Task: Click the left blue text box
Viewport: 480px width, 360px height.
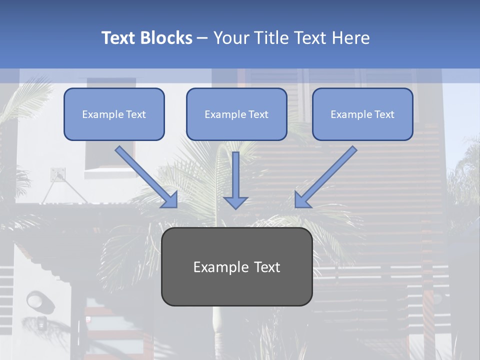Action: pos(114,114)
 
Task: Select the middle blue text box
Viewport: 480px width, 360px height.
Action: pos(236,114)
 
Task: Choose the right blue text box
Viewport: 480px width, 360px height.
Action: pos(362,114)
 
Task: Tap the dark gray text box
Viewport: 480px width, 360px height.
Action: pos(236,266)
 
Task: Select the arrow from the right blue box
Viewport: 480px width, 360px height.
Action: pos(327,175)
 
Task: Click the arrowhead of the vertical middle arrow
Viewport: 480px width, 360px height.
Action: pos(235,202)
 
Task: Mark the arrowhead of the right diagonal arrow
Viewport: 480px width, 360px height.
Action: pos(302,200)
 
